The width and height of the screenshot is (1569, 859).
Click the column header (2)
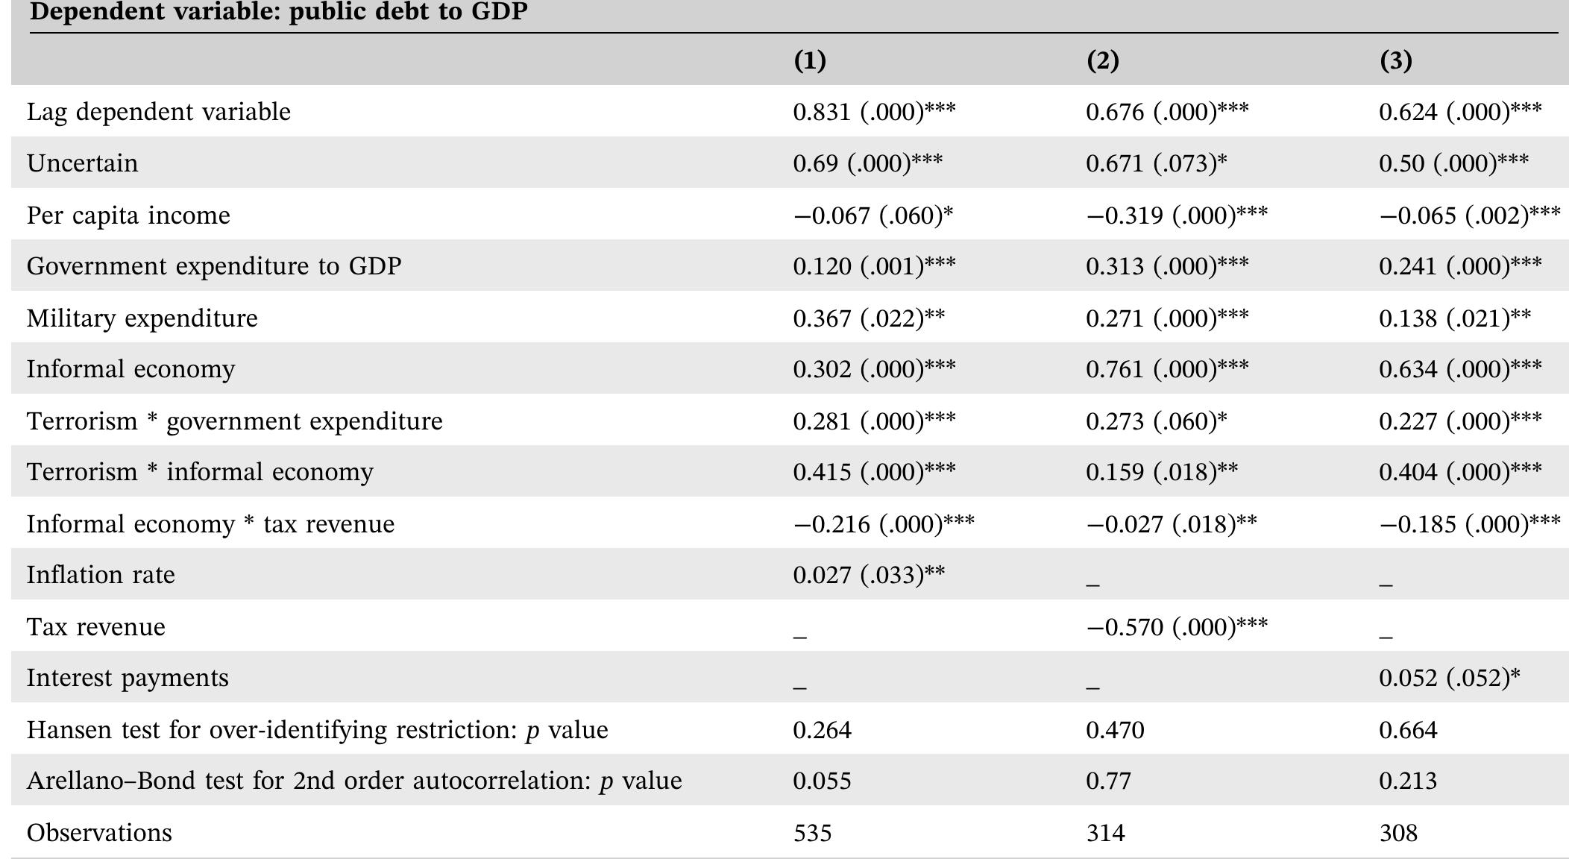pos(1102,60)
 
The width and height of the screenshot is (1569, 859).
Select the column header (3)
pos(1395,60)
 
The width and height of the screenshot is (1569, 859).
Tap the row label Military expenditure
pos(142,318)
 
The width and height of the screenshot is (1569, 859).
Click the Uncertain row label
pos(82,163)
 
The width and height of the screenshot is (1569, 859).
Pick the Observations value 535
pos(812,832)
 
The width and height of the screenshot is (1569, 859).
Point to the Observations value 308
pos(1398,832)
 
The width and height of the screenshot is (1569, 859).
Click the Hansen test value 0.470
pos(1115,729)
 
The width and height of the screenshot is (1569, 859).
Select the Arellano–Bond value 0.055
pos(822,781)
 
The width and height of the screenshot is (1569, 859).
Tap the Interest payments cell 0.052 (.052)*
pos(1449,678)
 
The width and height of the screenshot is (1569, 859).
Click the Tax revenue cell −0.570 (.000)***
pos(1176,627)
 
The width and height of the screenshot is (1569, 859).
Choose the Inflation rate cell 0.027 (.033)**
pos(869,575)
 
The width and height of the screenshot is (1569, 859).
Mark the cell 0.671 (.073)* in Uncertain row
pos(1156,163)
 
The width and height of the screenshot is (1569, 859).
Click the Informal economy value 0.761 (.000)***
pos(1167,369)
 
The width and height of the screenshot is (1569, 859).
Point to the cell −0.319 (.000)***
pos(1176,215)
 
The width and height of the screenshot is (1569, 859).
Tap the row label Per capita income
pos(128,215)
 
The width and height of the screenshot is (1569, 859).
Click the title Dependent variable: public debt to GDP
pos(278,12)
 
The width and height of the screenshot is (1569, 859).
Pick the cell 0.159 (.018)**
pos(1162,472)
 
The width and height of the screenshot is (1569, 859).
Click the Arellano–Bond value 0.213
pos(1408,781)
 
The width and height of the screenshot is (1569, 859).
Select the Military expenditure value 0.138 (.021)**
pos(1455,318)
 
